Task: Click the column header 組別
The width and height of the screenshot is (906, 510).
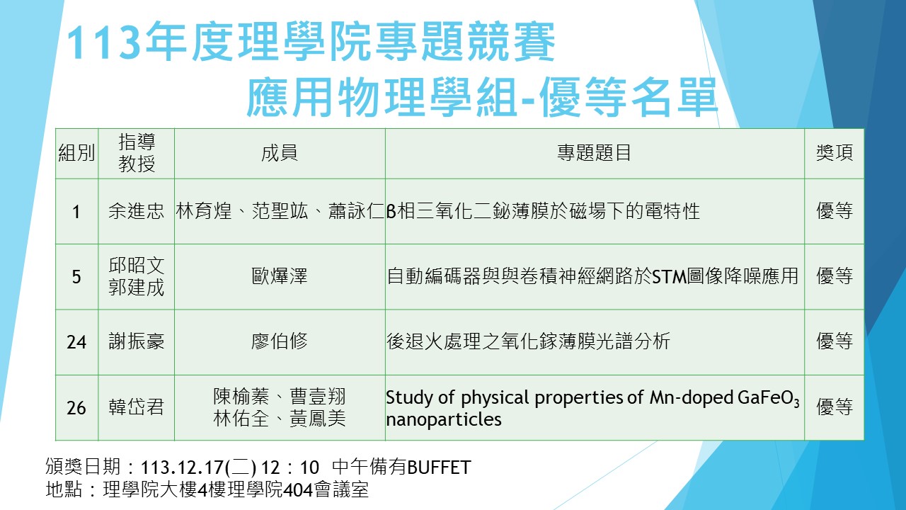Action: click(76, 153)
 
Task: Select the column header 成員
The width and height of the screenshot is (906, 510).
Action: click(280, 153)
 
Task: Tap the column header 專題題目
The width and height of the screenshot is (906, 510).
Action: click(594, 153)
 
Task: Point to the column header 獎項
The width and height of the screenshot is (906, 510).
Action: click(835, 153)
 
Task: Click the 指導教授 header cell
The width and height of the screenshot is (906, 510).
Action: click(137, 153)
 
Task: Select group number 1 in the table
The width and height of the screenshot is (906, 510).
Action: click(76, 212)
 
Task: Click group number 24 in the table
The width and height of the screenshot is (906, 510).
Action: click(76, 342)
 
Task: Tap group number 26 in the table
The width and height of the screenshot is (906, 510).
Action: click(76, 407)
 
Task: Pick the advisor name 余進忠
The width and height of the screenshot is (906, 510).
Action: click(137, 211)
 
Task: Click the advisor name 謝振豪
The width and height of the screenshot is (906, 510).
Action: click(137, 341)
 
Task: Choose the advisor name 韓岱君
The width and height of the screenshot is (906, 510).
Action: click(137, 407)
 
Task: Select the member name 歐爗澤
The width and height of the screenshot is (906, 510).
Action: click(280, 276)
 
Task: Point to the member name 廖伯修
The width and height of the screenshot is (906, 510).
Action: click(280, 341)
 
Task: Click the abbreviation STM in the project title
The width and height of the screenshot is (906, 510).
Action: click(670, 277)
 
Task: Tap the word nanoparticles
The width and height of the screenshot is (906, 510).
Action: click(444, 419)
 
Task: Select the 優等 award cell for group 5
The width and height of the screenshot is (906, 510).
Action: click(835, 276)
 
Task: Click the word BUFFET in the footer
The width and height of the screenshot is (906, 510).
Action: click(440, 467)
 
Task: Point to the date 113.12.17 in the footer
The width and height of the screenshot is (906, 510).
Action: click(180, 467)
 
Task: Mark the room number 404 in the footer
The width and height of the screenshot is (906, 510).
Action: click(298, 490)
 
